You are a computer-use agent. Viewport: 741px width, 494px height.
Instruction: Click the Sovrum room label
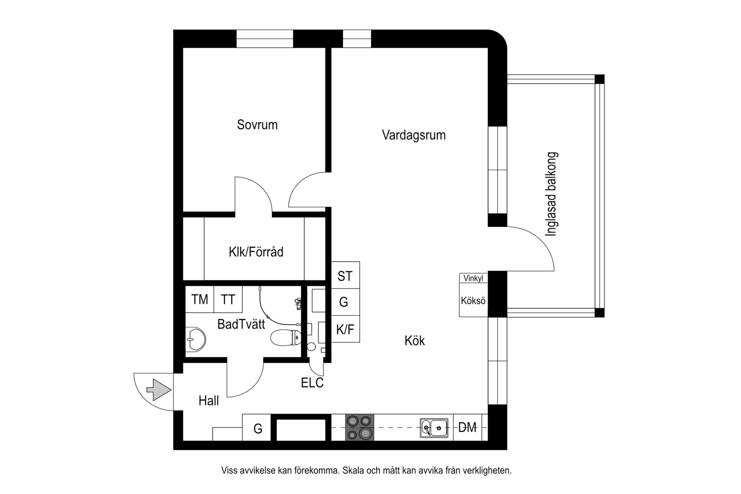(257, 125)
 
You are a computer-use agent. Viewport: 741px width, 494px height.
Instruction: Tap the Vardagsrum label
(414, 135)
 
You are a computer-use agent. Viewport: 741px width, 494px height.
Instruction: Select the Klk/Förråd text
(256, 252)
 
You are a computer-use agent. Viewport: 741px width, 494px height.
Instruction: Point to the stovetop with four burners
(360, 427)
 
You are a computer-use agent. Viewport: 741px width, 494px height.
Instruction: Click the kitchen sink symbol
(434, 427)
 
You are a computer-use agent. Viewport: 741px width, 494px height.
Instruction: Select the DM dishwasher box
(468, 428)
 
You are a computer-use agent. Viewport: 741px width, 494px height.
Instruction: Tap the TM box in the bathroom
(200, 299)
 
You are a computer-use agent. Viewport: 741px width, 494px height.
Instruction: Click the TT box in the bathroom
(228, 299)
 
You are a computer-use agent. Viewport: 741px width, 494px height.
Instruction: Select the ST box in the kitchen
(345, 276)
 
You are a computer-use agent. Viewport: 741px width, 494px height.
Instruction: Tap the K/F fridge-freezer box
(345, 330)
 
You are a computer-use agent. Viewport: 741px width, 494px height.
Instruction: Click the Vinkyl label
(473, 279)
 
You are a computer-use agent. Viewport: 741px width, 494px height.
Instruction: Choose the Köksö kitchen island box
(473, 300)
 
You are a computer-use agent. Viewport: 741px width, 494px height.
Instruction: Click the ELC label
(312, 383)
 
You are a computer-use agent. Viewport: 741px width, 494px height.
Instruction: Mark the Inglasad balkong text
(551, 194)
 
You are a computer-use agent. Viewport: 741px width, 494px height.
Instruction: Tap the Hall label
(209, 401)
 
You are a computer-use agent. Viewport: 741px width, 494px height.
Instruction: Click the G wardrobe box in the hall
(258, 428)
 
